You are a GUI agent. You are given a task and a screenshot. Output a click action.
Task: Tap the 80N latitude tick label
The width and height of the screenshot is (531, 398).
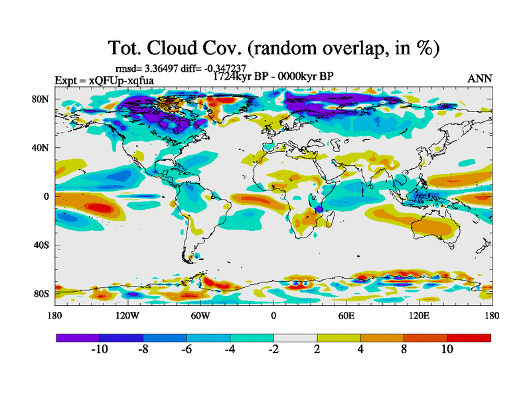coord(42,99)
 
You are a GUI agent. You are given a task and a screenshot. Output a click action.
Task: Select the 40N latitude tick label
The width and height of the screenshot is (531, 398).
coord(42,147)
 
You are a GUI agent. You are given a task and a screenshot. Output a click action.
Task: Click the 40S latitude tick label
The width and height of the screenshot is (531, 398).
coord(42,245)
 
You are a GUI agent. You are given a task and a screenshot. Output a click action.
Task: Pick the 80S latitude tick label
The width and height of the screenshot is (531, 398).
coord(42,294)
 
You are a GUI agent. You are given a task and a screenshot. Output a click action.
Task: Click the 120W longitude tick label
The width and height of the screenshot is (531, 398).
coord(127,315)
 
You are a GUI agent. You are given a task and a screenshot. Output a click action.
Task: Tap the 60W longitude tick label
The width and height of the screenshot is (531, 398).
coord(200,315)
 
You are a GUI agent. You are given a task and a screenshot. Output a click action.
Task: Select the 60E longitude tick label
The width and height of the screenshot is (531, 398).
coord(346,315)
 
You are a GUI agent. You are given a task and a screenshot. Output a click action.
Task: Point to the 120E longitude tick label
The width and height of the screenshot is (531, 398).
coord(419,315)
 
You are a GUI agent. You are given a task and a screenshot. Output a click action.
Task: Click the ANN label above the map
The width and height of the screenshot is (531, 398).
coord(480,78)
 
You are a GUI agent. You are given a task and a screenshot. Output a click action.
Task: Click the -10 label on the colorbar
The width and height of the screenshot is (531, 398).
coord(100,350)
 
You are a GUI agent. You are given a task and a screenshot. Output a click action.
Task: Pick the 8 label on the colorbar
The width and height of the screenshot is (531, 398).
coord(404,350)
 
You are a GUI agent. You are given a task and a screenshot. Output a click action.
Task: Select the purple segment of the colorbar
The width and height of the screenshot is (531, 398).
coord(78,338)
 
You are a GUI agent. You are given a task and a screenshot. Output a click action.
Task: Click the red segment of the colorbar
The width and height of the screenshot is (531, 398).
coord(469,338)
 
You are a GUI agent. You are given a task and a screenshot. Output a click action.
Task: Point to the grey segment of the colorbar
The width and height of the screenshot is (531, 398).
coord(295,338)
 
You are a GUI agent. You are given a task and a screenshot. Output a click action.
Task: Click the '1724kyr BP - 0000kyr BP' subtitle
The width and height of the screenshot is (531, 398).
coord(273,76)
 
